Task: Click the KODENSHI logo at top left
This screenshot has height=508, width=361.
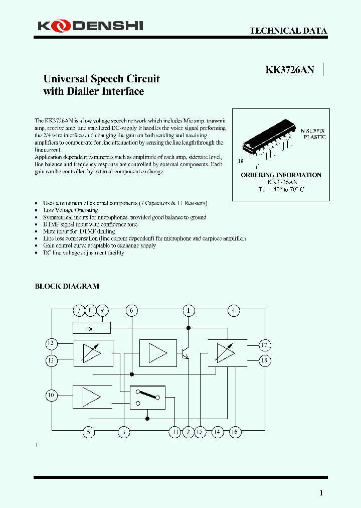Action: pos(89,25)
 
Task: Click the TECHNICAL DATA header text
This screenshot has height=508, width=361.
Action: pos(288,31)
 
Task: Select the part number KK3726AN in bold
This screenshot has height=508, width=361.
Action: pos(289,70)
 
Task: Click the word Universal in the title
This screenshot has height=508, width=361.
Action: pos(65,79)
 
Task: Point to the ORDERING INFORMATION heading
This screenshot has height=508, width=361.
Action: pos(281,175)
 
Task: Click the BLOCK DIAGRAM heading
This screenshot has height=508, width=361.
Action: pos(67,286)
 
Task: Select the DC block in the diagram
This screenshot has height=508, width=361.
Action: pos(91,328)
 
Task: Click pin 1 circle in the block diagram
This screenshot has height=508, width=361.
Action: pos(189,311)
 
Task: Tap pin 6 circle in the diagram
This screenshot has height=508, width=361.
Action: pos(131,311)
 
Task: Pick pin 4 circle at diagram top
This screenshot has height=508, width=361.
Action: pos(234,311)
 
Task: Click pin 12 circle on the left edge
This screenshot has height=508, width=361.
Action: pos(51,344)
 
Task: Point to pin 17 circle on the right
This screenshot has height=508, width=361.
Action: pos(265,344)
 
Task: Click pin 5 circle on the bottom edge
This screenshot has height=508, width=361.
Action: pos(88,432)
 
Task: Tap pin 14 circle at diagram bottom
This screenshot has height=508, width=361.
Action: pos(217,432)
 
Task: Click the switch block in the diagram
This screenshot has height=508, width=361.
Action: pos(147,397)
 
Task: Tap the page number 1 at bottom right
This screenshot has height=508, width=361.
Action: pos(321,493)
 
